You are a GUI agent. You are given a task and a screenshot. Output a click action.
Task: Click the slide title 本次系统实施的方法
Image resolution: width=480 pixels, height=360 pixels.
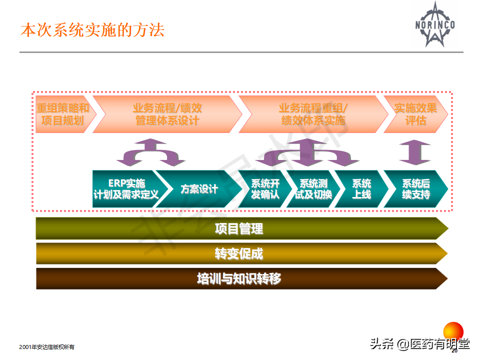coord(92,30)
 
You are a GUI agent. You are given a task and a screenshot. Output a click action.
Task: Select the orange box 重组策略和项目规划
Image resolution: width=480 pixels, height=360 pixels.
coord(63,114)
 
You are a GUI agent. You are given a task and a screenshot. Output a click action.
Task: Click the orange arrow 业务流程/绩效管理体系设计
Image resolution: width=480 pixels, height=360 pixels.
coord(167,114)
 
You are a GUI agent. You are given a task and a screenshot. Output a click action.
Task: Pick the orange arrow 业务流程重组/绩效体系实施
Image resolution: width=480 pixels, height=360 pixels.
coord(312,114)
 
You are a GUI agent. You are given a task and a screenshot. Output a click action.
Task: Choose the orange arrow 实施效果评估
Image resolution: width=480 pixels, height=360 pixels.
coord(415,114)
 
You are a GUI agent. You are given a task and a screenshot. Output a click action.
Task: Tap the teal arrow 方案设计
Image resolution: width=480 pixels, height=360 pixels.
coord(199,189)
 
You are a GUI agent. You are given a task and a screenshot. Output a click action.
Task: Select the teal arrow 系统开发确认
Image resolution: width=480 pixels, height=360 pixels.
coord(265,189)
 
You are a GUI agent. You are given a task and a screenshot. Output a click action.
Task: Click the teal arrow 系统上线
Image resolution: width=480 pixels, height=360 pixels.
coord(361,189)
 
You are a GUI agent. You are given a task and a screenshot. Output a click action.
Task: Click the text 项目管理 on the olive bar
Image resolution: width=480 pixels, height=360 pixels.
coord(239,229)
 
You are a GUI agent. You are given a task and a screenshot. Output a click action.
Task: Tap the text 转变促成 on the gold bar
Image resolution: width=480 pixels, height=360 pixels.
coord(239,254)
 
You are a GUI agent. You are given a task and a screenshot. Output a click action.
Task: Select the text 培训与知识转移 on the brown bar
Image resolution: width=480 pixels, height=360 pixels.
coord(239,279)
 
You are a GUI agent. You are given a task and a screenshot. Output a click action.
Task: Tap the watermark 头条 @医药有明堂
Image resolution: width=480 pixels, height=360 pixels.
coord(419,344)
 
